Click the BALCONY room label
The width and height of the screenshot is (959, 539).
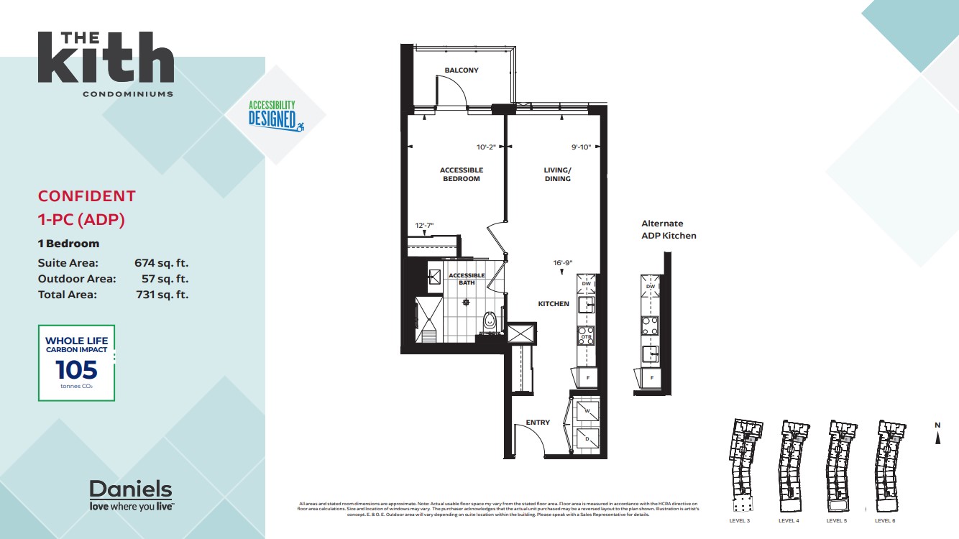pos(461,70)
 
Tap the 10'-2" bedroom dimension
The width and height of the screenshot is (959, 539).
pos(487,147)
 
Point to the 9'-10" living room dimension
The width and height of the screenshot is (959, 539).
pos(581,147)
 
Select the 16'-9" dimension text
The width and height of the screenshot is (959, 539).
pos(563,262)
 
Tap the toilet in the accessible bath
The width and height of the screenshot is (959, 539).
pos(490,320)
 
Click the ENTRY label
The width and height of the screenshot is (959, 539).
pos(538,423)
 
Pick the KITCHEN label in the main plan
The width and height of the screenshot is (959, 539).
pos(554,304)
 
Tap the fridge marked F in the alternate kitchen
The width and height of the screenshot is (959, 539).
pos(652,377)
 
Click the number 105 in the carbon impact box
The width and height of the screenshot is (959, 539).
pos(76,369)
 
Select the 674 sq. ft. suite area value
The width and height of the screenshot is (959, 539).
pos(161,264)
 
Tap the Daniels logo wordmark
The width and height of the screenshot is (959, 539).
pos(130,490)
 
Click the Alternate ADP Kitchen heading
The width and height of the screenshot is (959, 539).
pos(669,229)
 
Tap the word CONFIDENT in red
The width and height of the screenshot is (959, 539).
pos(86,196)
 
